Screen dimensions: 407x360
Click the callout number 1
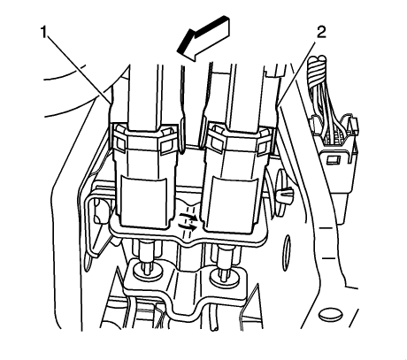coord(44,33)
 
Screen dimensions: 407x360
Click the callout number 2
coord(321,33)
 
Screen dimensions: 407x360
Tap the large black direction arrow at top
coord(203,38)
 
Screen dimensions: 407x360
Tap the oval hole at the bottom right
coord(331,314)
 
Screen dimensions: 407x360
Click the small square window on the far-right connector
coord(333,160)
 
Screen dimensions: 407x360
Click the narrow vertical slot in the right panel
coord(286,253)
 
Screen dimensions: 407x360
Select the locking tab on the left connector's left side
coord(118,139)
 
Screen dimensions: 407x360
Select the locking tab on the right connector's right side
coord(264,143)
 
